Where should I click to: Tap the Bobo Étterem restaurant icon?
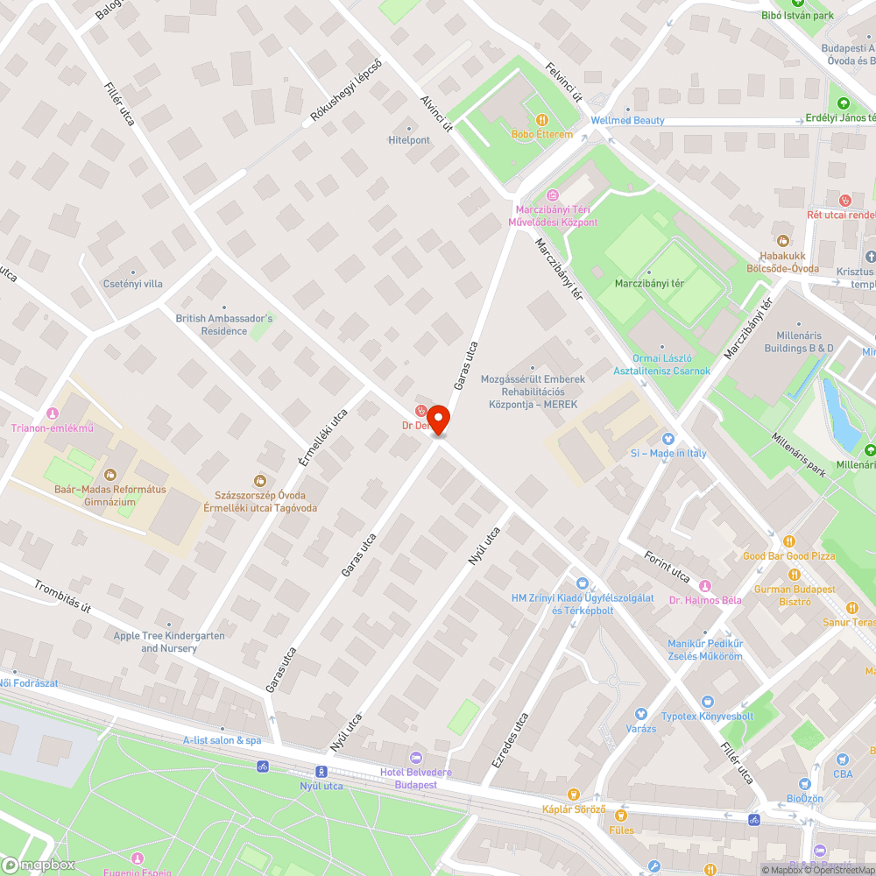coord(542,120)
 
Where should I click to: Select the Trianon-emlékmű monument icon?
coord(52,413)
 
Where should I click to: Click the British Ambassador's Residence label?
coord(224,325)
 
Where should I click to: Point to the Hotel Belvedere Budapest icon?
coord(416,758)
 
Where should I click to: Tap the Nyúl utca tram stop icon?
coord(321,772)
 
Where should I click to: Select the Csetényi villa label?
coord(133,283)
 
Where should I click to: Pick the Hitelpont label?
coord(409,139)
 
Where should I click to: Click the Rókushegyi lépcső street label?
coord(347,90)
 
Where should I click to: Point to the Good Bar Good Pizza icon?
coord(789,542)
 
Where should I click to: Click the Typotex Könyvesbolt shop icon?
coord(707,702)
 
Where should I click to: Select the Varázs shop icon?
coord(640,715)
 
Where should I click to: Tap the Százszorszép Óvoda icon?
coord(260,480)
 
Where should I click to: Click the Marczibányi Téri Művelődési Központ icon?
coord(553,195)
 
